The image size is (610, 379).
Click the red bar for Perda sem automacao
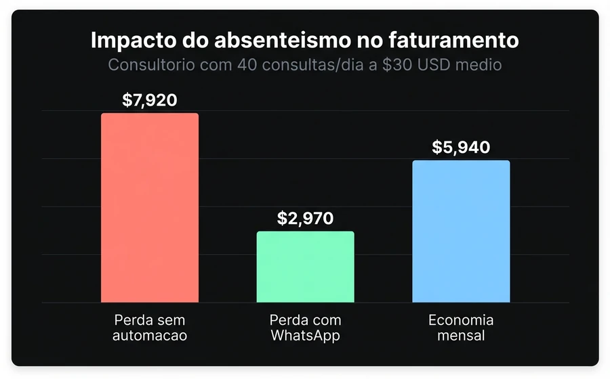[150, 208]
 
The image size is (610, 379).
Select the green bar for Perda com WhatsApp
[305, 267]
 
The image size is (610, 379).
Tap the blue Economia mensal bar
[461, 231]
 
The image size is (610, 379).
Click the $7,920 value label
[150, 101]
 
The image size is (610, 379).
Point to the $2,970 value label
[305, 219]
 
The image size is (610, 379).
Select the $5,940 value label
[461, 148]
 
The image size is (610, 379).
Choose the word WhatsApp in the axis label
[305, 335]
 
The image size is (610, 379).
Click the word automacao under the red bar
[150, 335]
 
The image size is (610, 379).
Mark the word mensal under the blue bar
[461, 335]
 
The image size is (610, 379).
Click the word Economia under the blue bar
[461, 320]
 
